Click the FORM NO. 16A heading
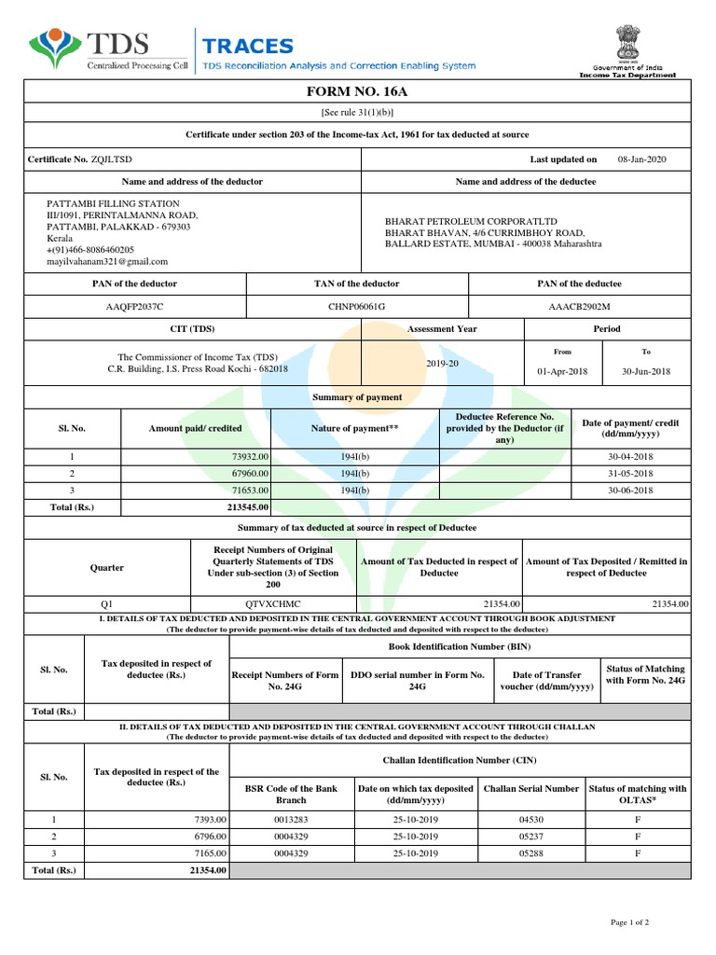tap(358, 92)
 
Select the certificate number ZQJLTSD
tap(112, 159)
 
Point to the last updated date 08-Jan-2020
tap(641, 159)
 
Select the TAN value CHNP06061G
tap(356, 306)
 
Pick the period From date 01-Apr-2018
tap(563, 371)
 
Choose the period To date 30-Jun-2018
tap(646, 371)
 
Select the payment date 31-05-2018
tap(630, 473)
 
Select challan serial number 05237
tap(530, 836)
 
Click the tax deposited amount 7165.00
tap(209, 852)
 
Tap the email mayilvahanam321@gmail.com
tap(107, 262)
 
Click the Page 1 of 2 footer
tap(629, 921)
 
